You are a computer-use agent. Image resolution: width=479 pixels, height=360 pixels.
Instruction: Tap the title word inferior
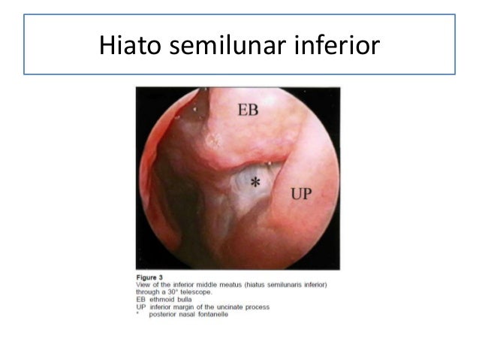coord(330,44)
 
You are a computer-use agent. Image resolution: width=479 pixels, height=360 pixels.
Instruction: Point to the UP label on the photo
coord(300,194)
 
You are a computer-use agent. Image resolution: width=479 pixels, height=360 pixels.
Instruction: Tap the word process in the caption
coord(254,308)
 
